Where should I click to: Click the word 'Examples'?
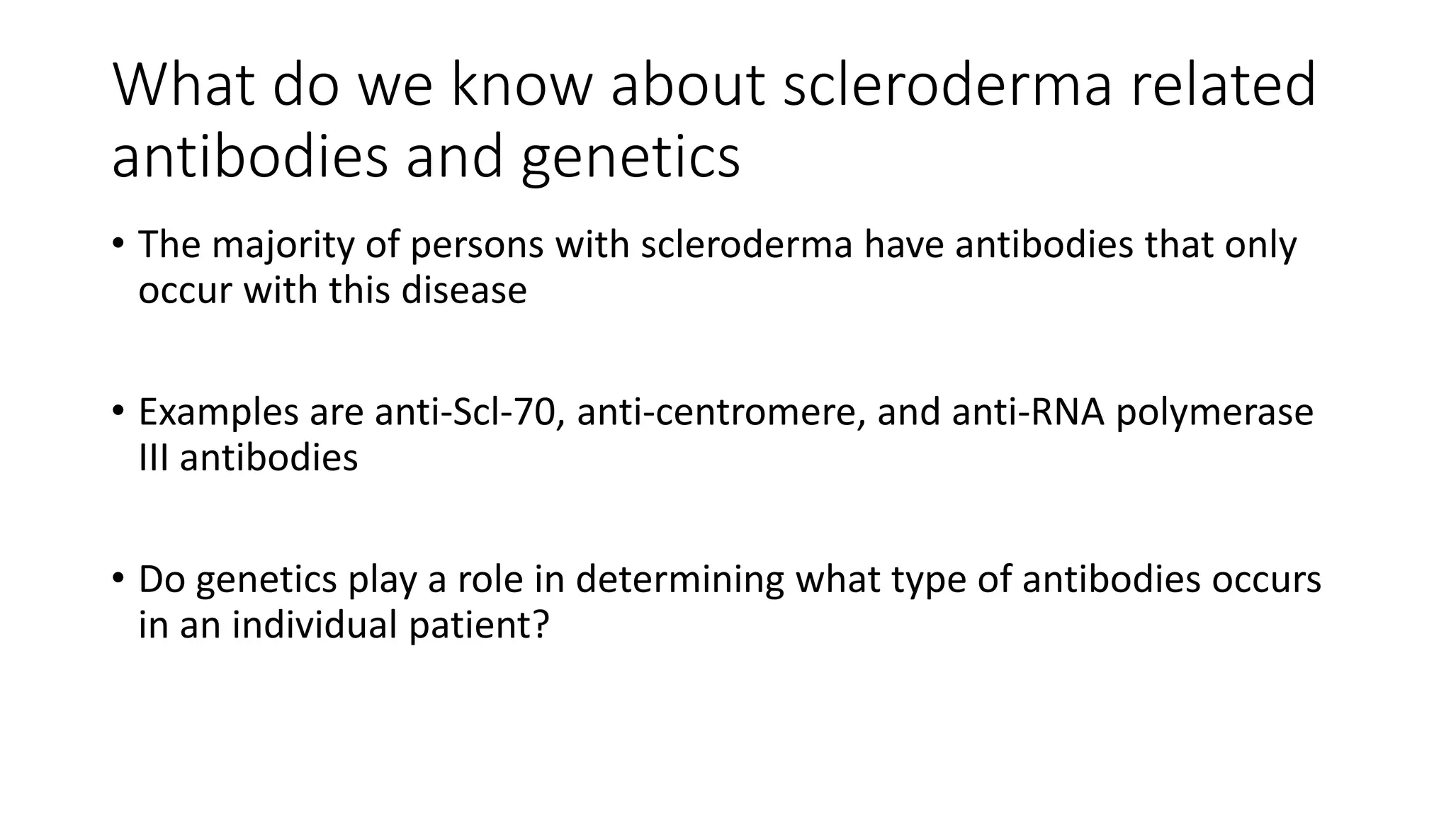[218, 412]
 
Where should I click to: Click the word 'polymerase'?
[1214, 412]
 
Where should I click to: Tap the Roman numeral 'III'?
[154, 458]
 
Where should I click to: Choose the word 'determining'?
[679, 579]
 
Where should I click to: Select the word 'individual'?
[315, 625]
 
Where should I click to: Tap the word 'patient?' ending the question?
[479, 625]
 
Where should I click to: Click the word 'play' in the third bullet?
[382, 579]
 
